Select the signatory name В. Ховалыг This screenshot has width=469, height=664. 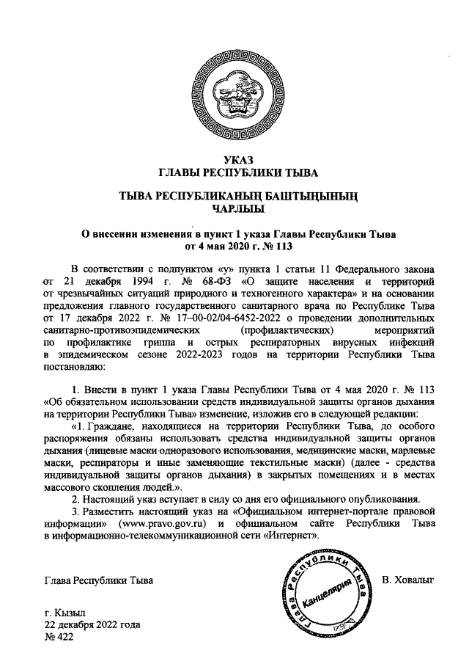[408, 580]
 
